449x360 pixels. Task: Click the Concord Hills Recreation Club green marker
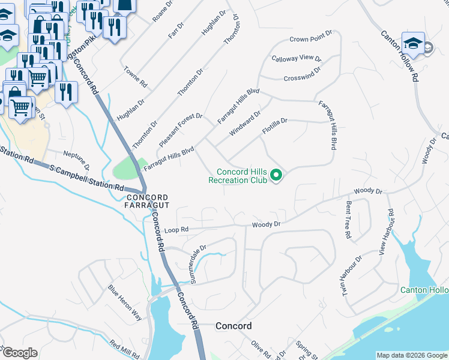click(x=277, y=175)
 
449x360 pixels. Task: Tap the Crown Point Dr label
click(x=310, y=40)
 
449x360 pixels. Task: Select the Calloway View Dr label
click(x=297, y=58)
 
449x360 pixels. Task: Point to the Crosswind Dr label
click(x=302, y=77)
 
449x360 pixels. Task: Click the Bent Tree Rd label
click(x=348, y=220)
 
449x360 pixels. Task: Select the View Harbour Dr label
click(x=386, y=232)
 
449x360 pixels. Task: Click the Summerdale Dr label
click(x=190, y=255)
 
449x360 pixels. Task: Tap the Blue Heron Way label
click(x=125, y=303)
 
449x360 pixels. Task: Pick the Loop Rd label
click(x=176, y=229)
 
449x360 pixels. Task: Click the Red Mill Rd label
click(x=124, y=349)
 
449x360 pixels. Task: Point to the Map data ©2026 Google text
click(x=411, y=355)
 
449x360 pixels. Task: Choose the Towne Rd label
click(x=134, y=77)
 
